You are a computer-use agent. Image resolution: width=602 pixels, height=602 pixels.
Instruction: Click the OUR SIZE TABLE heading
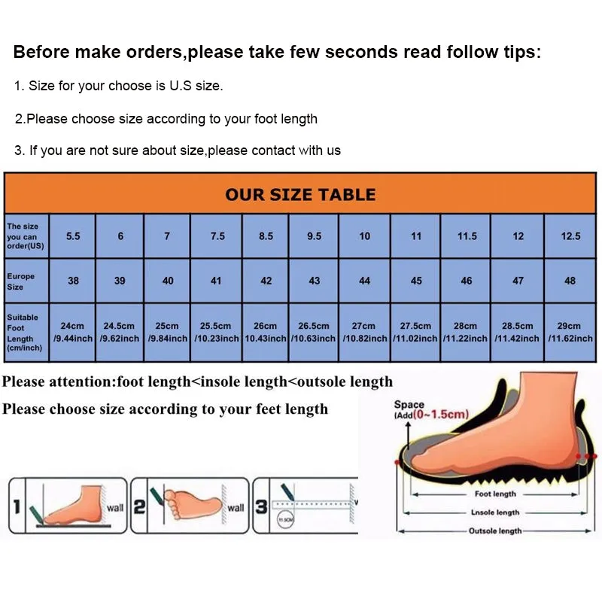[x=300, y=194]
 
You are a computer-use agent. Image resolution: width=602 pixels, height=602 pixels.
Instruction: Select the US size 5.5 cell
[x=73, y=236]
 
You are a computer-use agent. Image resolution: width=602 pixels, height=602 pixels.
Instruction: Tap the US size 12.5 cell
[x=570, y=236]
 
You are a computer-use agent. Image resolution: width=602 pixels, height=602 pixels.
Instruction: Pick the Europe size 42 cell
[x=266, y=281]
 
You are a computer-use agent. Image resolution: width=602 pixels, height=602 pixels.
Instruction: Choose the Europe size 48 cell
[x=570, y=281]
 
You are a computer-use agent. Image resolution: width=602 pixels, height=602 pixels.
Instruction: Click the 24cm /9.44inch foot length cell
[x=73, y=332]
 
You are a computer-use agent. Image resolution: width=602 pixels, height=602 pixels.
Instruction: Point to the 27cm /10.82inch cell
[x=364, y=332]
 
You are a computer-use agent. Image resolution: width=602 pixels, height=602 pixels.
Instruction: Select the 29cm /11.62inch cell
[x=570, y=332]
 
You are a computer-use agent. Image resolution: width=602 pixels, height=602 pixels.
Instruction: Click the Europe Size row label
[x=21, y=281]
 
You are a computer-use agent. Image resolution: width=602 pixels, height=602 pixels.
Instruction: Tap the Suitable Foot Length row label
[x=23, y=332]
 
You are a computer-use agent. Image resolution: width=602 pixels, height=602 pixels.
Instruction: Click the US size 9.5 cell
[x=315, y=236]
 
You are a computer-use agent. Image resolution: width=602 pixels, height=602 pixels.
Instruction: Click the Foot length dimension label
[x=494, y=494]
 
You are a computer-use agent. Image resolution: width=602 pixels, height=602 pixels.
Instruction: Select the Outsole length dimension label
[x=494, y=531]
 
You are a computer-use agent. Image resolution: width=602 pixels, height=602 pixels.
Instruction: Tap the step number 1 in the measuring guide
[x=17, y=507]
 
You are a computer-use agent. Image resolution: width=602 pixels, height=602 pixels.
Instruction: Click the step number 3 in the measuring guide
[x=261, y=507]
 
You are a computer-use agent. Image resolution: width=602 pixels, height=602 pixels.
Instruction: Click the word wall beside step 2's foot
[x=236, y=508]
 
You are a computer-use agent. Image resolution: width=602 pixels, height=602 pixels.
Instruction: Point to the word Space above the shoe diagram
[x=409, y=405]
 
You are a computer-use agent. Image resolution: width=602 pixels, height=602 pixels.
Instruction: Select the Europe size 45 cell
[x=416, y=281]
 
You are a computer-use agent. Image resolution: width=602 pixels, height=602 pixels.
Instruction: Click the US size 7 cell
[x=167, y=236]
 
